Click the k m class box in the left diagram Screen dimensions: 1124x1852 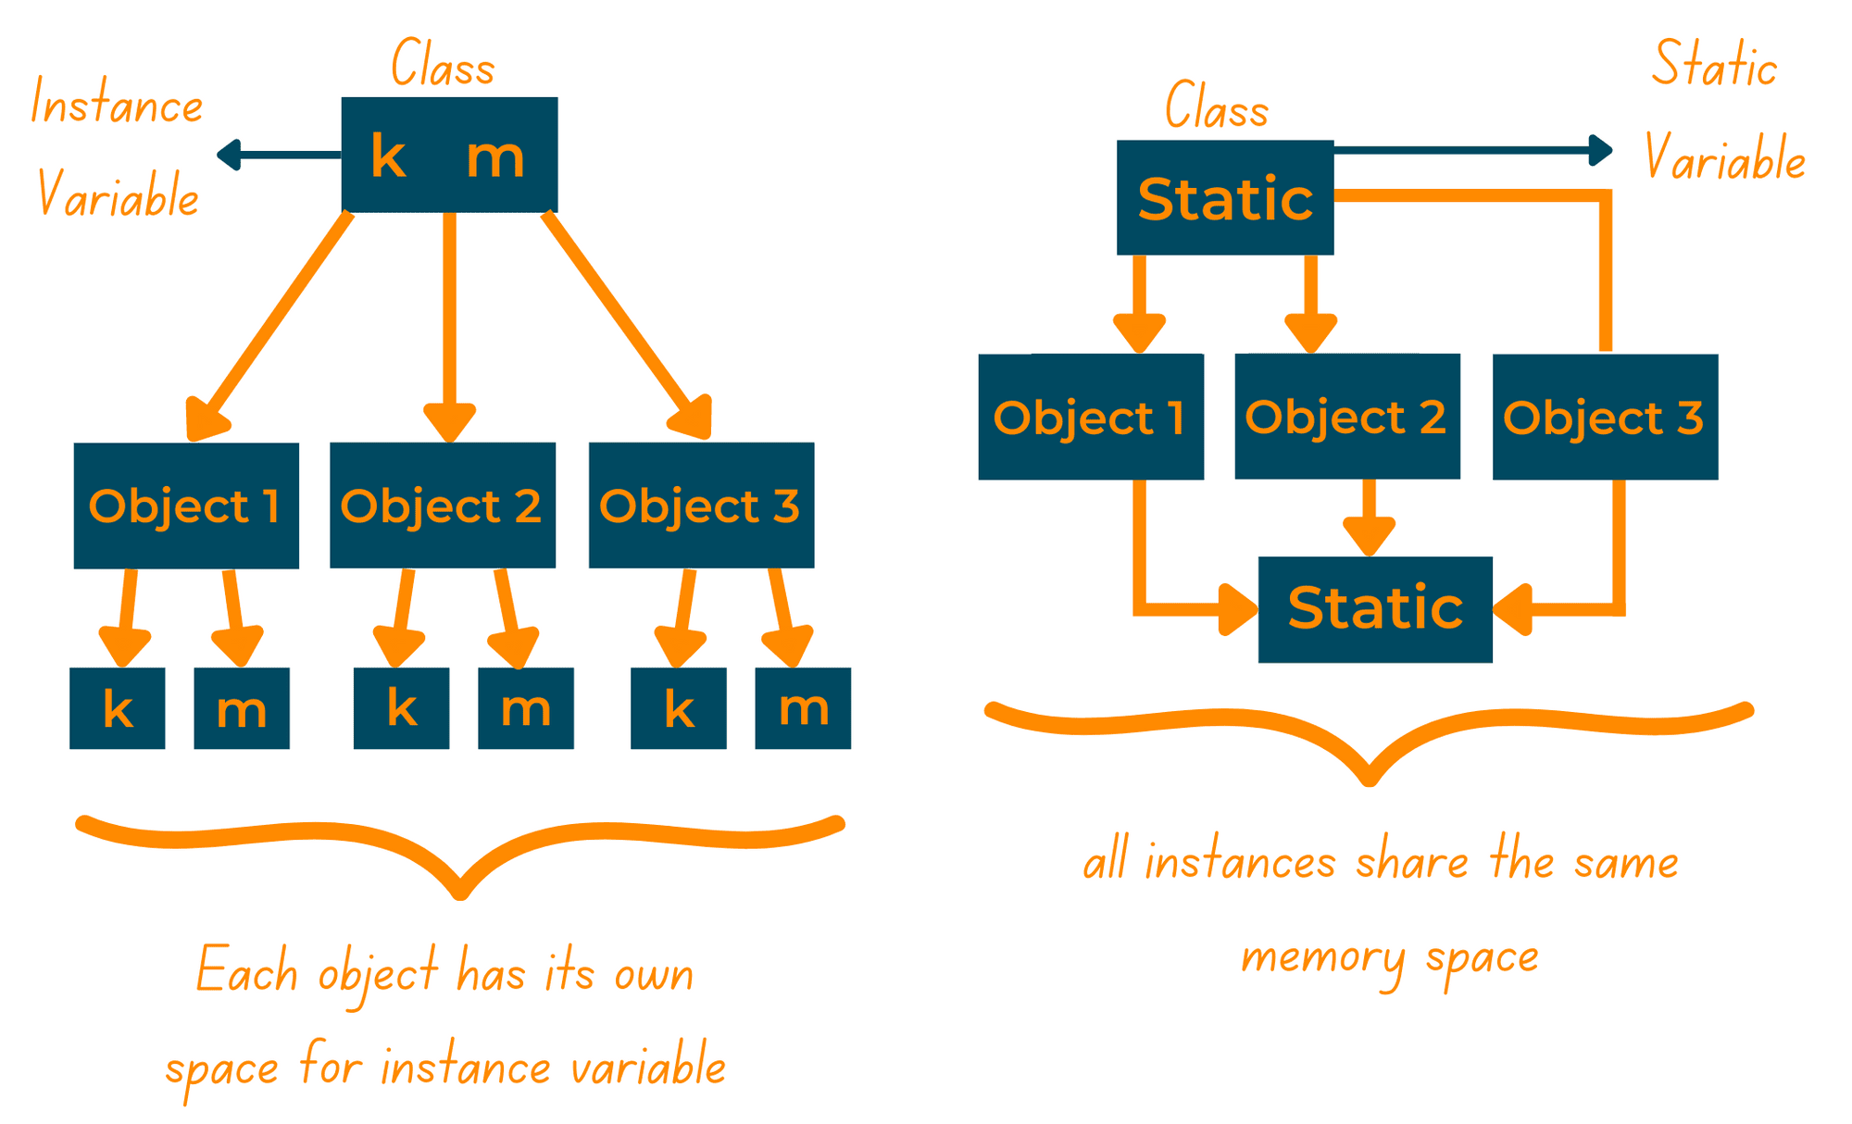(449, 155)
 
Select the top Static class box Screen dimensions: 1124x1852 (1224, 197)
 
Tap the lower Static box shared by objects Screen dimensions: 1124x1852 (1375, 609)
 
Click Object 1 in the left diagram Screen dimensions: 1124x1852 (186, 506)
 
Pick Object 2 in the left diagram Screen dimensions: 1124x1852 (443, 506)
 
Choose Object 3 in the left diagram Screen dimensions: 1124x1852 (701, 506)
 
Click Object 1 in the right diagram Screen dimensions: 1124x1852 (1091, 417)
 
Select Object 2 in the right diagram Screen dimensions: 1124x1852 (1347, 417)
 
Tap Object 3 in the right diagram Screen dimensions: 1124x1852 (1605, 417)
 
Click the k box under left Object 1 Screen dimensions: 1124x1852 (118, 708)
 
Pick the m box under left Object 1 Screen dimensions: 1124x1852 (242, 708)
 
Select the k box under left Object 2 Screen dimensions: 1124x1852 (401, 708)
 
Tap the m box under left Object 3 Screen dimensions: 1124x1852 (803, 708)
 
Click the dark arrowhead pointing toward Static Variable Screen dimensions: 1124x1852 (1599, 150)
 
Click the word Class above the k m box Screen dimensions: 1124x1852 (443, 65)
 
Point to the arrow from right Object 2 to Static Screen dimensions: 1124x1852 (1370, 523)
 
